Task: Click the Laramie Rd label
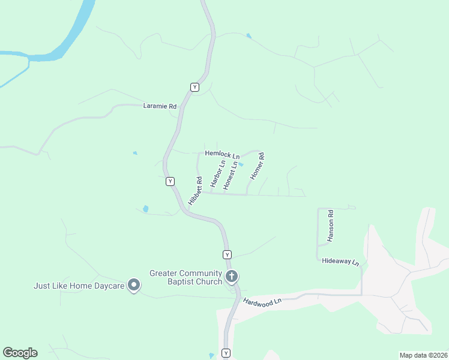tap(160, 106)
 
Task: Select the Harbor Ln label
tap(217, 173)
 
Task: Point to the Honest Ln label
tap(230, 176)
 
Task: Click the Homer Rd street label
tap(257, 167)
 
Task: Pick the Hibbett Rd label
tap(194, 191)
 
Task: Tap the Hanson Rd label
tap(330, 226)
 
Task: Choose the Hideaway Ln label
tap(340, 262)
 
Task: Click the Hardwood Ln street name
tap(262, 301)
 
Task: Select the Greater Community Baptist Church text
tap(185, 277)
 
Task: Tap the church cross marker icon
tap(232, 277)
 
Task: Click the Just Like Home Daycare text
tap(79, 286)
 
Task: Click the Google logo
tap(20, 353)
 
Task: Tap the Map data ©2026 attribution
tap(423, 355)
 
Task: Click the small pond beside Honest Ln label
tap(241, 164)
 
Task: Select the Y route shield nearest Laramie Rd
tap(194, 87)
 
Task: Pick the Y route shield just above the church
tap(227, 254)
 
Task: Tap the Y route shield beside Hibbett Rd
tap(170, 181)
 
